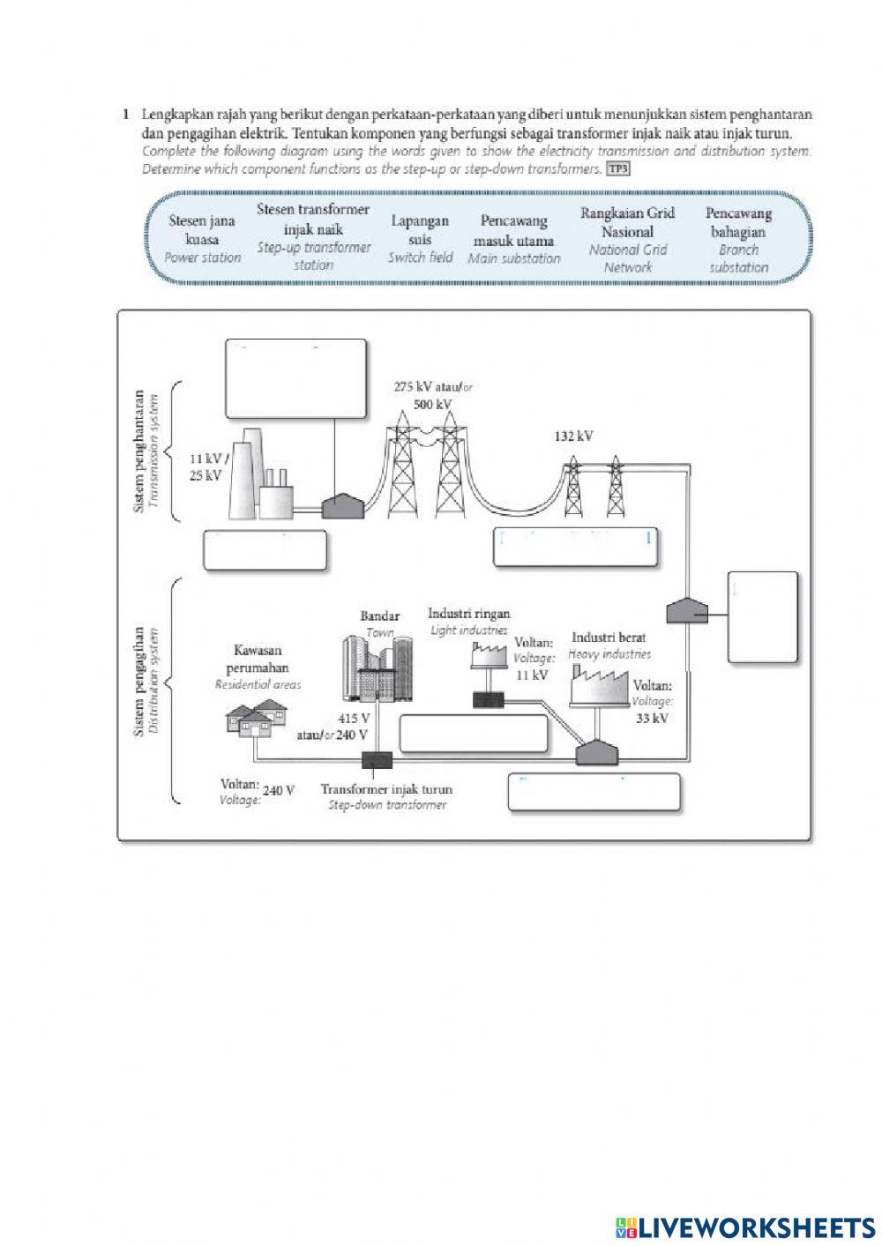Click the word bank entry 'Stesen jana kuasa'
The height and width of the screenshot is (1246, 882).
(203, 239)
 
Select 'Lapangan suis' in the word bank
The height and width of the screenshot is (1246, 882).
(420, 239)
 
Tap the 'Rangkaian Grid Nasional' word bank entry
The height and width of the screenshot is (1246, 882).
(627, 239)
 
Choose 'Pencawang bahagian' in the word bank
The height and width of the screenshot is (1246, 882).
(738, 239)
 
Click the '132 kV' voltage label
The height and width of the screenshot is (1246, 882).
(573, 436)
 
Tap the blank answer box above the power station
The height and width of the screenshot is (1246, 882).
(295, 378)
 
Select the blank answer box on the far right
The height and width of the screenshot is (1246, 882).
(763, 616)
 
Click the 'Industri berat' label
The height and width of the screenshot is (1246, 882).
(609, 638)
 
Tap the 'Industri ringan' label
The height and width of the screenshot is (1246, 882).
(468, 614)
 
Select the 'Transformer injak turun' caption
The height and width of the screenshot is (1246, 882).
(386, 790)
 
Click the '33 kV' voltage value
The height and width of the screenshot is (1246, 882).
(651, 719)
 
